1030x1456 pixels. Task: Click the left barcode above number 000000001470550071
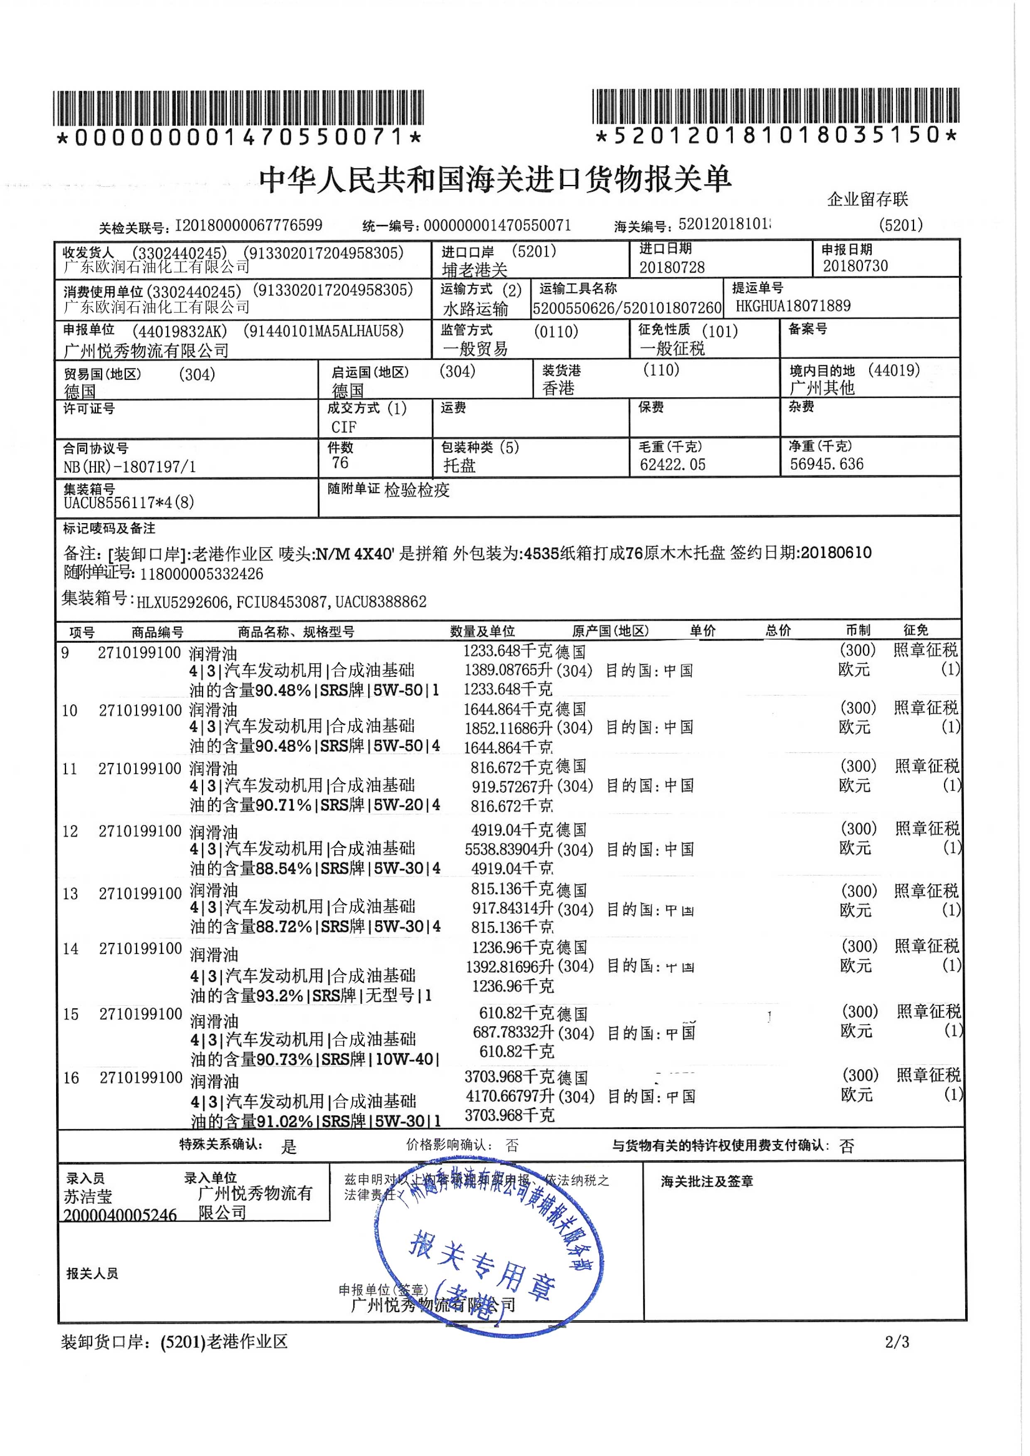[x=238, y=108]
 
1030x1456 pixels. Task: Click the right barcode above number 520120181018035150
[x=775, y=106]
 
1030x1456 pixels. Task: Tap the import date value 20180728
[x=672, y=267]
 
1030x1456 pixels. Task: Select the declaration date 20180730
[x=855, y=266]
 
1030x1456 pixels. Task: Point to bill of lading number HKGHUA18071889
[x=793, y=306]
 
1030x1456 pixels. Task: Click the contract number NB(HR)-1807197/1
[x=129, y=467]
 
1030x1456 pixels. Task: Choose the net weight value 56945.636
[x=826, y=464]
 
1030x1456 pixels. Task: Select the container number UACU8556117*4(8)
[x=129, y=503]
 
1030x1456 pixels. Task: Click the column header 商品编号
[x=157, y=632]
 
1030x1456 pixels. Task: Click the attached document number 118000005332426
[x=201, y=574]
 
